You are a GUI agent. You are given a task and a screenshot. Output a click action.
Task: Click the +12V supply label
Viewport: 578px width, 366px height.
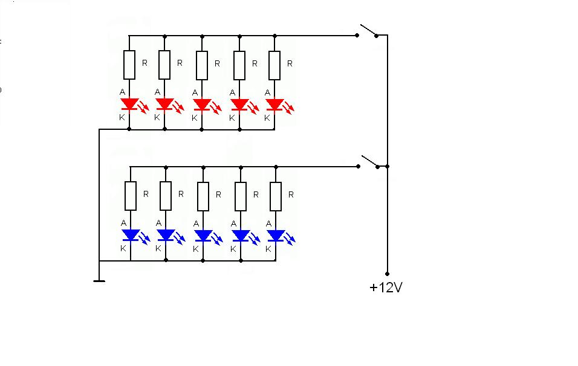pos(386,287)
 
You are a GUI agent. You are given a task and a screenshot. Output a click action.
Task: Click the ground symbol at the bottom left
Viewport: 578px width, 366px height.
pos(99,281)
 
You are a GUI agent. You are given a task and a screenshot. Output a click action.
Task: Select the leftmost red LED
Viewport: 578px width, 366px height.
pos(129,104)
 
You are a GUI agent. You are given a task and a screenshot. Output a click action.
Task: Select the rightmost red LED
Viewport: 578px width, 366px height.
pos(275,104)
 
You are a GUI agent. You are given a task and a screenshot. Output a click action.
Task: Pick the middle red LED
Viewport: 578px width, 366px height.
pos(202,104)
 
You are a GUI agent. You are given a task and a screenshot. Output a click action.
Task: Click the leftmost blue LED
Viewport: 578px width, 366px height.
pos(131,235)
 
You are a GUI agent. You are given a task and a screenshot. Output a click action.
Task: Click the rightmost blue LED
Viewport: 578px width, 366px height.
pos(276,236)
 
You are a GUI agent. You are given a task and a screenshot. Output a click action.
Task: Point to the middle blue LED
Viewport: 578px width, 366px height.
pos(204,236)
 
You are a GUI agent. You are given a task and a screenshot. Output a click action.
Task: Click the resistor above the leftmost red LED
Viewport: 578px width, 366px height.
pos(129,65)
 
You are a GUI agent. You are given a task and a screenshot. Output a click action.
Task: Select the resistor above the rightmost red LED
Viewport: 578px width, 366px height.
pos(274,66)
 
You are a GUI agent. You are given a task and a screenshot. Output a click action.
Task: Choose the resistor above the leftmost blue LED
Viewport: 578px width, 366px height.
pos(131,196)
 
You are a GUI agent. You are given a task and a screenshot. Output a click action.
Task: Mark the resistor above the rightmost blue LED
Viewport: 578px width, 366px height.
pos(276,196)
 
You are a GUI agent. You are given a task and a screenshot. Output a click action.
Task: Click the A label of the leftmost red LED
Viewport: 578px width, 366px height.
pos(122,92)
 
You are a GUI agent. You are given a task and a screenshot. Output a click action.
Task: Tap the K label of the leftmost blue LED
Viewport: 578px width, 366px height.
pos(123,249)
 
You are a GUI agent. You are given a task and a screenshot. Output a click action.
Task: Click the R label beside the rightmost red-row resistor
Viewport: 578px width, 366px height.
pos(290,63)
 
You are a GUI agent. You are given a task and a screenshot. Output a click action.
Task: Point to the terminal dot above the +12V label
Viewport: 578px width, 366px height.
pos(387,274)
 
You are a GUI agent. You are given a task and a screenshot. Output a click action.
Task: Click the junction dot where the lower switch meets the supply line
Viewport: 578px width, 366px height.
pos(388,167)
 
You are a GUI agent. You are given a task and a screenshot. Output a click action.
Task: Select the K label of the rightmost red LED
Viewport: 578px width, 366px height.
pos(267,118)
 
